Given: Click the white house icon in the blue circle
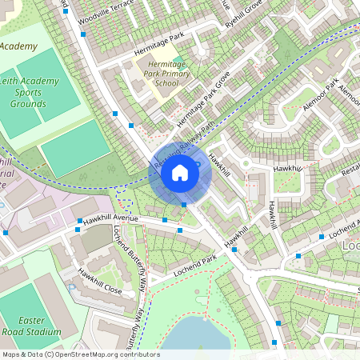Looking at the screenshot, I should (180, 173).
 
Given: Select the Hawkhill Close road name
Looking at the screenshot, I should (100, 281).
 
